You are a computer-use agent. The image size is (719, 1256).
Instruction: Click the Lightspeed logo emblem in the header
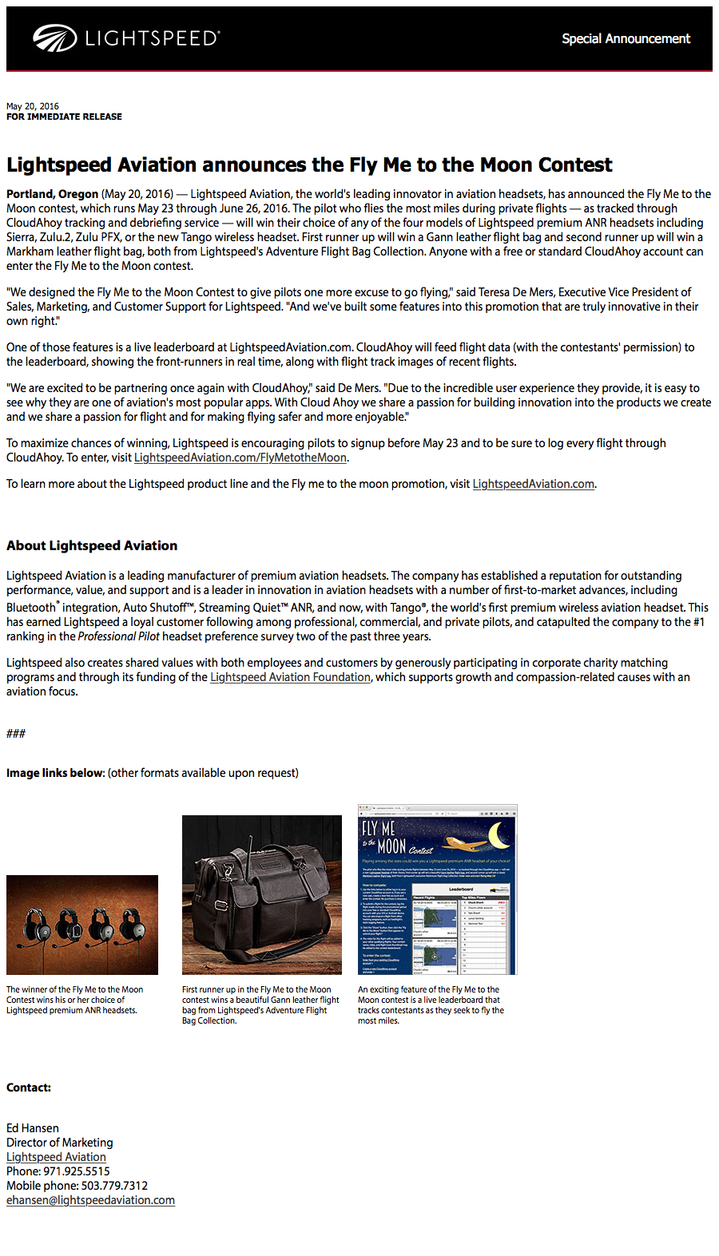(x=54, y=38)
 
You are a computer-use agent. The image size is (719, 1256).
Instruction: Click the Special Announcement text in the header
(x=626, y=38)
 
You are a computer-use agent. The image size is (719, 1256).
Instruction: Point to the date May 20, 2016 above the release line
(x=33, y=106)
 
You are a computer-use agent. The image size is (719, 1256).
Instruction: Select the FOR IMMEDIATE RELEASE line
(x=64, y=117)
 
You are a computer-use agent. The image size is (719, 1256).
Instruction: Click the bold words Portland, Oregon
(x=52, y=194)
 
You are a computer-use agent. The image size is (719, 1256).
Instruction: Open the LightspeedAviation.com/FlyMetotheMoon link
(x=240, y=458)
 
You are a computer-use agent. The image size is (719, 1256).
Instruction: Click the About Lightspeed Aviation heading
(x=92, y=545)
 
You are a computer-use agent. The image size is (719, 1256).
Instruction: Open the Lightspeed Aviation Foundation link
(x=290, y=677)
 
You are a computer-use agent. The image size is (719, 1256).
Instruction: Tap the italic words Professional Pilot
(x=118, y=636)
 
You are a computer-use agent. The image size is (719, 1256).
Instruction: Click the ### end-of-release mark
(x=16, y=733)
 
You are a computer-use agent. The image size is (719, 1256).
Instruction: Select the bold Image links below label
(x=55, y=773)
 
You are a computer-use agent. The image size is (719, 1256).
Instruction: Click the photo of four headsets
(x=82, y=925)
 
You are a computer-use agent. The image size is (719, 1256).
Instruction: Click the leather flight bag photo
(x=262, y=894)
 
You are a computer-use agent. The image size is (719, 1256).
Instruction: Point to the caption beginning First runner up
(x=260, y=1004)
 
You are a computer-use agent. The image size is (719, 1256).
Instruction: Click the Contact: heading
(x=29, y=1088)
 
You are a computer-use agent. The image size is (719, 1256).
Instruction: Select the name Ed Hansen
(x=33, y=1128)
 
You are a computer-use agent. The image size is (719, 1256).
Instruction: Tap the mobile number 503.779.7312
(x=114, y=1186)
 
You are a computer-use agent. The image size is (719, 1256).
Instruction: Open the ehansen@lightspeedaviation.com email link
(x=90, y=1200)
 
